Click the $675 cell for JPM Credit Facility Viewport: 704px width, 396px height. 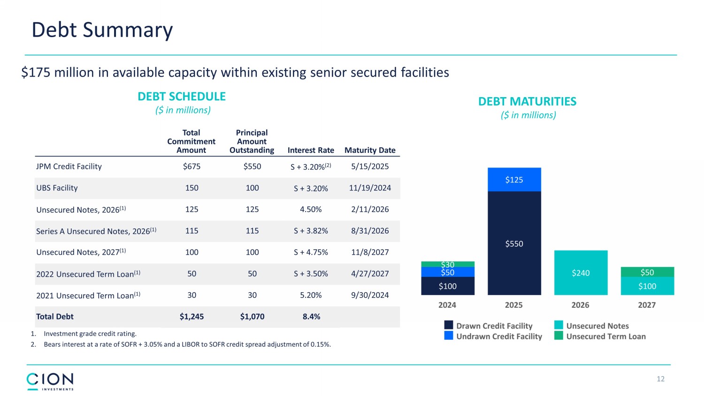coord(191,167)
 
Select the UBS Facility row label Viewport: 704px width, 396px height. coord(57,188)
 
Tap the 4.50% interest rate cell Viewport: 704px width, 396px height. coord(311,210)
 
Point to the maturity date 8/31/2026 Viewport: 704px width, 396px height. coord(370,231)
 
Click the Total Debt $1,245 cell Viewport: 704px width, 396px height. coord(191,317)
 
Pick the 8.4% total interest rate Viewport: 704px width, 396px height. coord(311,317)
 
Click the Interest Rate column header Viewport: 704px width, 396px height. coord(311,150)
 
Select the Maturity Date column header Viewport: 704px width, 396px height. coord(370,150)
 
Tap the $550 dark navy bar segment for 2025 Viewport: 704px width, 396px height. coord(514,244)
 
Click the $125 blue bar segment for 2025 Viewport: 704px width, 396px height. coord(514,180)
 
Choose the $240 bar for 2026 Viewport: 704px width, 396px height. coord(581,273)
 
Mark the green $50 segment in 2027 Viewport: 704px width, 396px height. coord(647,272)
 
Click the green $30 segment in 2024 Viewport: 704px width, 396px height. coord(447,264)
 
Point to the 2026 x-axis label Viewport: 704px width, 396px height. coord(580,305)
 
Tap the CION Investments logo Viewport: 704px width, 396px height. coord(50,381)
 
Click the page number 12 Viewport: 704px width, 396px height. coord(660,379)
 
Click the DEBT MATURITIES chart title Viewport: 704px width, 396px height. coord(527,102)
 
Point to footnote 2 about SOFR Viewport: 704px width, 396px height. coord(187,344)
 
